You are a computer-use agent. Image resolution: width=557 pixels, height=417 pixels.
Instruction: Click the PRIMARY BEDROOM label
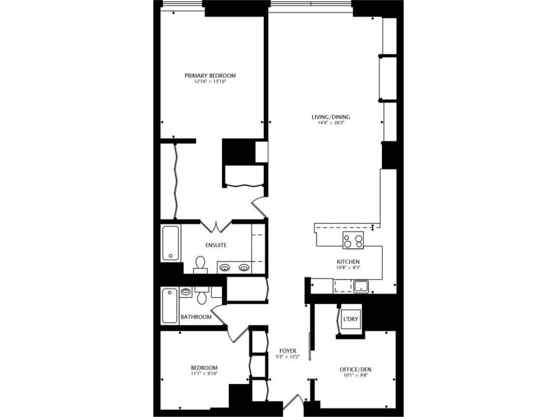coord(210,75)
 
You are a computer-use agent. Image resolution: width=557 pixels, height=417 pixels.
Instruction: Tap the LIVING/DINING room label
coord(331,117)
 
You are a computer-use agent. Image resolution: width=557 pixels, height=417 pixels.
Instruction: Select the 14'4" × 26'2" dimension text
coord(331,124)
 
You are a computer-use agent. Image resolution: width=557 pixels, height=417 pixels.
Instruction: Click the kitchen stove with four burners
coord(352,240)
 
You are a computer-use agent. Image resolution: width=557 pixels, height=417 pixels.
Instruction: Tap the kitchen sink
coord(361,286)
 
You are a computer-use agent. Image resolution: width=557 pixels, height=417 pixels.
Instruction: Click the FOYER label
coord(288,350)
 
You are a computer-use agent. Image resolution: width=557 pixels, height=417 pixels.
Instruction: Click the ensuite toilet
coord(199,264)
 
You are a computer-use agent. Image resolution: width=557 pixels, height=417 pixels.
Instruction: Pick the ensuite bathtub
coord(170,244)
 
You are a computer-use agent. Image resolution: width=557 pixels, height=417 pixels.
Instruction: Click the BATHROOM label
coord(196,317)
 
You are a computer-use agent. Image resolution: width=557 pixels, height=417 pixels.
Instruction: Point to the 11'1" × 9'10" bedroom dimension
coord(204,374)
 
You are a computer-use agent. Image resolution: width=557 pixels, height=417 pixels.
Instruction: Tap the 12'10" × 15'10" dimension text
coord(210,82)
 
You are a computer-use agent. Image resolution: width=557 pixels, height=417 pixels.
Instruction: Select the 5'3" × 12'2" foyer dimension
coord(288,357)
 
